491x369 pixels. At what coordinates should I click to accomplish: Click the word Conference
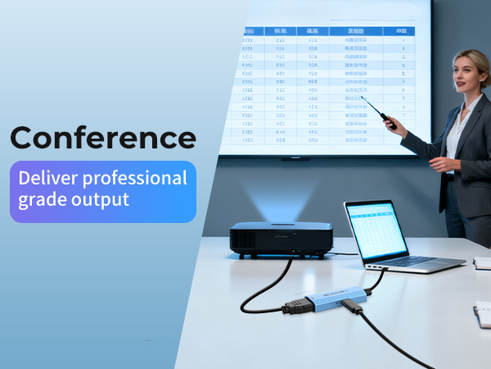(x=103, y=136)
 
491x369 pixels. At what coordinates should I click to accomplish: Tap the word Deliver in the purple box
(x=46, y=178)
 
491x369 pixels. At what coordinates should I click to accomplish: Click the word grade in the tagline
(x=41, y=199)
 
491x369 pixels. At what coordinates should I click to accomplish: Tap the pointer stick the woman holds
(x=378, y=110)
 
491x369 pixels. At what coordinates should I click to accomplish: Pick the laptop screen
(x=376, y=231)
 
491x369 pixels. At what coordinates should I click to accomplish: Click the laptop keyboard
(x=417, y=260)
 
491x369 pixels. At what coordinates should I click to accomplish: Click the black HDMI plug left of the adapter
(x=297, y=307)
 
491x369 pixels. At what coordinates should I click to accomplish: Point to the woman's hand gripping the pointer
(x=392, y=124)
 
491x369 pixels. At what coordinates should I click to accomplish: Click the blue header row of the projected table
(x=327, y=31)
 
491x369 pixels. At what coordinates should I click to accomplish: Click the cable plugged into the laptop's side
(x=376, y=277)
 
